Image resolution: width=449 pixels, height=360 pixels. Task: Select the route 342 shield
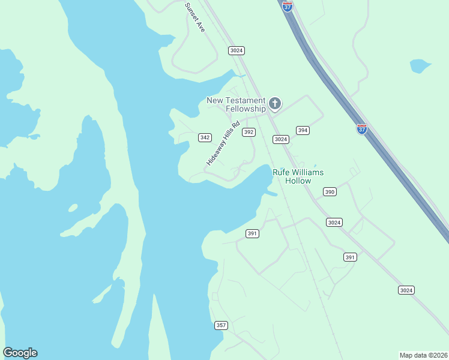205,137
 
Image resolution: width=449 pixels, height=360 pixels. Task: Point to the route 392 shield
249,132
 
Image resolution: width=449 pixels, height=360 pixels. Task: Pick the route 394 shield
303,130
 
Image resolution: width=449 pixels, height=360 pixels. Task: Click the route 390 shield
330,192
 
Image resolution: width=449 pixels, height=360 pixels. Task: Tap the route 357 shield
221,325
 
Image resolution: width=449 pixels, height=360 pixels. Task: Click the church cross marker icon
275,104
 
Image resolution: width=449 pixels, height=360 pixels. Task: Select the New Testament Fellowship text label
236,104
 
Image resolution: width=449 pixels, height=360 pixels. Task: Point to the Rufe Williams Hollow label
298,176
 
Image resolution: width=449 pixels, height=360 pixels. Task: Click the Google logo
20,353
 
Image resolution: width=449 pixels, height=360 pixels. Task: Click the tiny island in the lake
73,208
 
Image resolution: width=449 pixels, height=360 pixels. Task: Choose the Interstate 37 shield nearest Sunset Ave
288,6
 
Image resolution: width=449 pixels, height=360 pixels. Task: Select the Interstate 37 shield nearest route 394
361,129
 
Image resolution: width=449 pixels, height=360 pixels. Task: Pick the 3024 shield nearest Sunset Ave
237,50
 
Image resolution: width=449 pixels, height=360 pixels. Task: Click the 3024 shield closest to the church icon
280,139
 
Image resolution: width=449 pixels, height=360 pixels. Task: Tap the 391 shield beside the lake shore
252,233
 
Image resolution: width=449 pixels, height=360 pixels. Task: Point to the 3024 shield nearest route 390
334,222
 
